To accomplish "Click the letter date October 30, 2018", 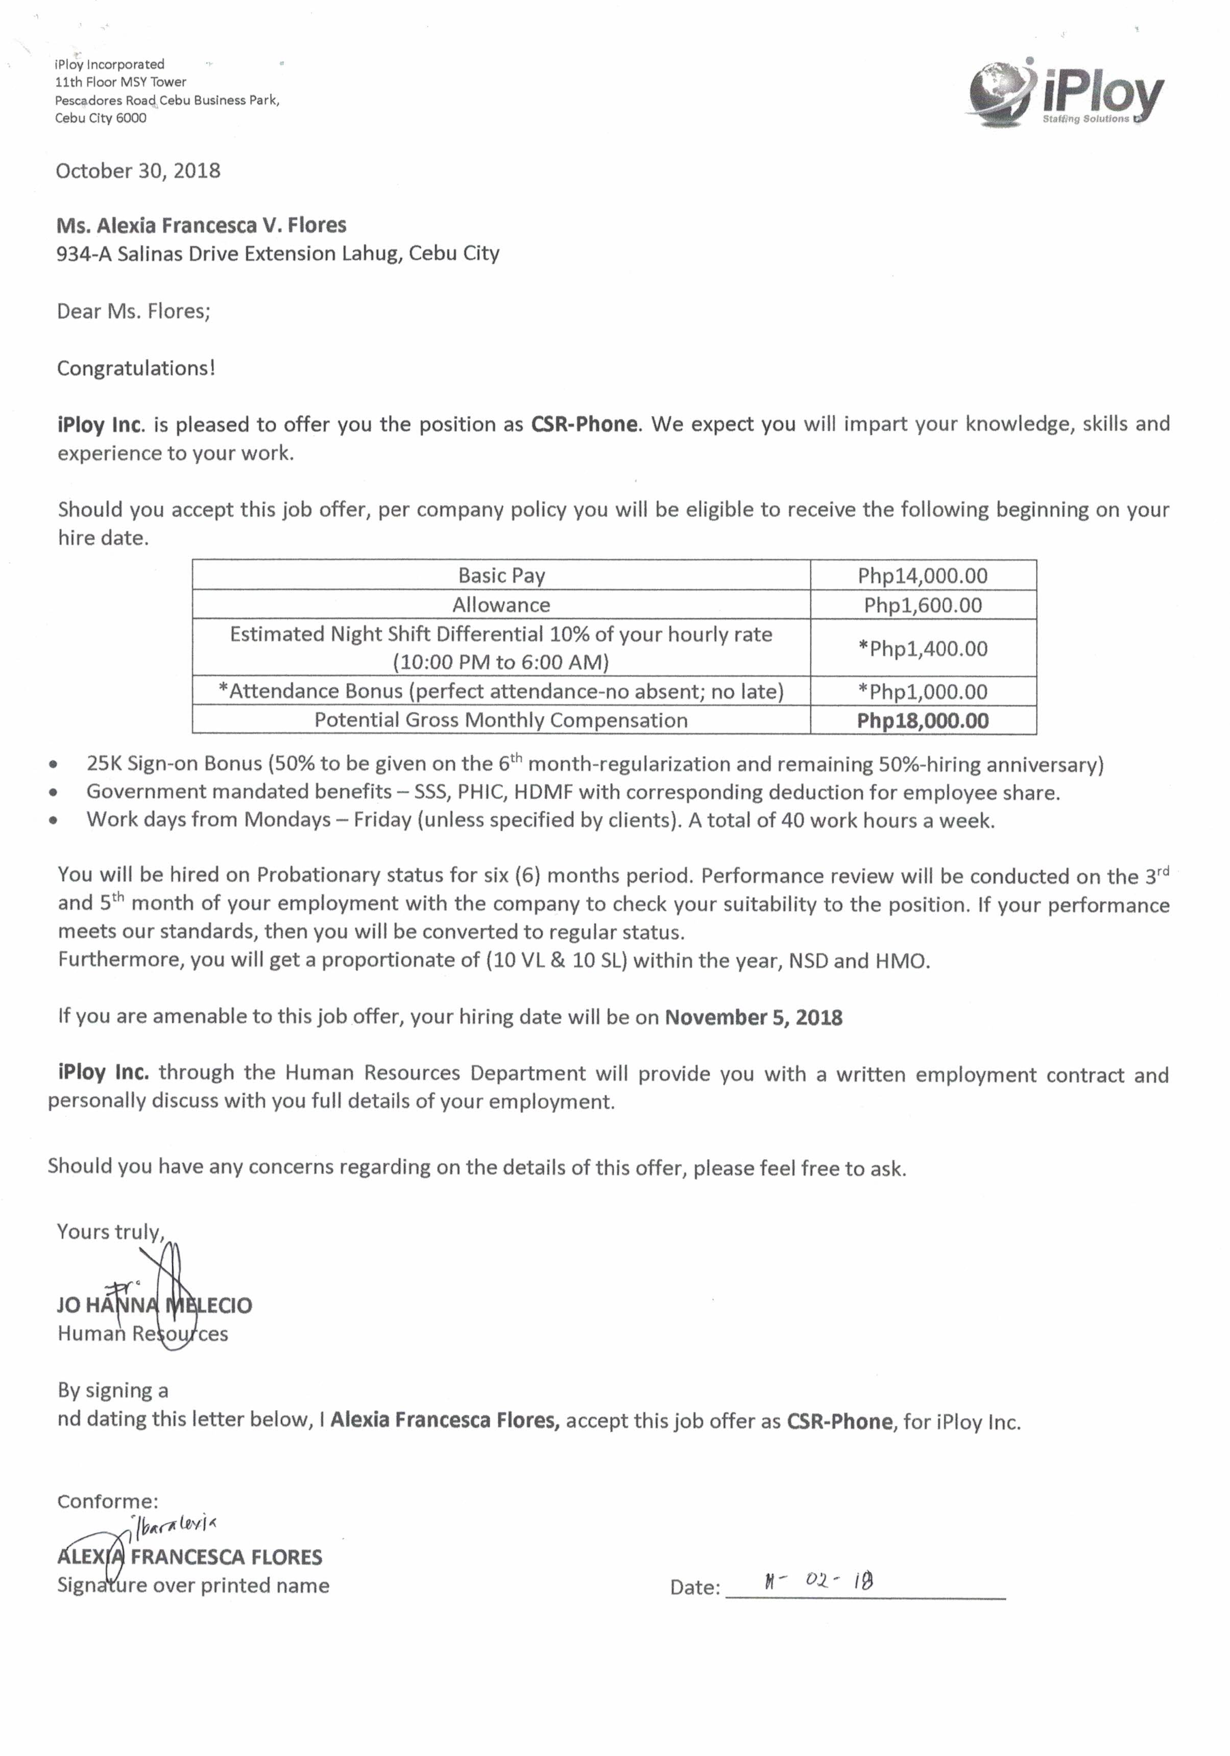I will pos(137,171).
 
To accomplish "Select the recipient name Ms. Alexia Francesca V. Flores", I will pos(201,225).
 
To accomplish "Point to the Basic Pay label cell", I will pos(501,575).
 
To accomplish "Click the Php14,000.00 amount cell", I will pos(922,576).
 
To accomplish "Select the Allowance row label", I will pos(501,605).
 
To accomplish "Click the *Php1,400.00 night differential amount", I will pos(922,648).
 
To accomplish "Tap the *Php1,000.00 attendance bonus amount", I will pos(922,691).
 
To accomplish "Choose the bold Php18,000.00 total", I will pos(922,720).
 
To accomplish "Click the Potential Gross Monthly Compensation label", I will pos(501,720).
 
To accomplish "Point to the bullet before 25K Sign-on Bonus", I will pos(53,764).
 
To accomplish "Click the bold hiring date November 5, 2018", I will pos(753,1017).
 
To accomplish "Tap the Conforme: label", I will pos(108,1501).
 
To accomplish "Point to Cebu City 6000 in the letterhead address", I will pos(100,118).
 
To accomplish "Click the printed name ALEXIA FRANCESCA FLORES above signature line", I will pos(189,1556).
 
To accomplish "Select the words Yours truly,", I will pos(110,1231).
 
